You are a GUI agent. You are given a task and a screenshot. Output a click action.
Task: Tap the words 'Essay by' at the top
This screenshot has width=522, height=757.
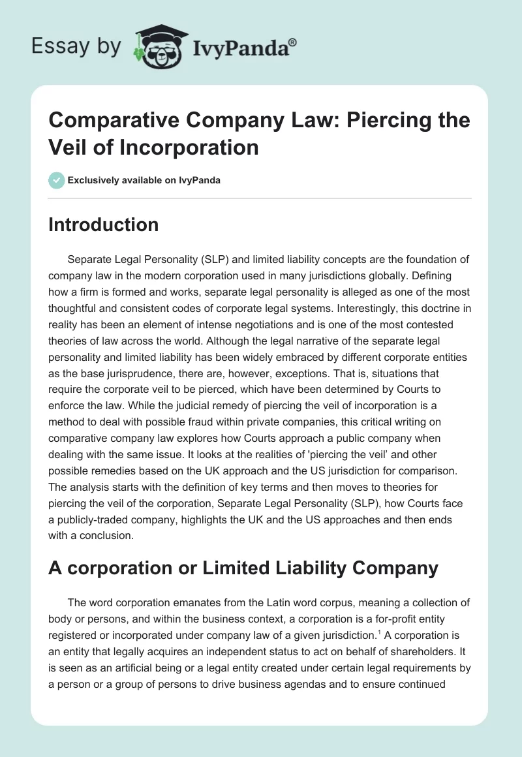76,46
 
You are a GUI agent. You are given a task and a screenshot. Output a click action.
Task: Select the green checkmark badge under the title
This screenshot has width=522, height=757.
57,180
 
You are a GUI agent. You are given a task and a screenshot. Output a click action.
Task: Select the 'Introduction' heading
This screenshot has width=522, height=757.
103,224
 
